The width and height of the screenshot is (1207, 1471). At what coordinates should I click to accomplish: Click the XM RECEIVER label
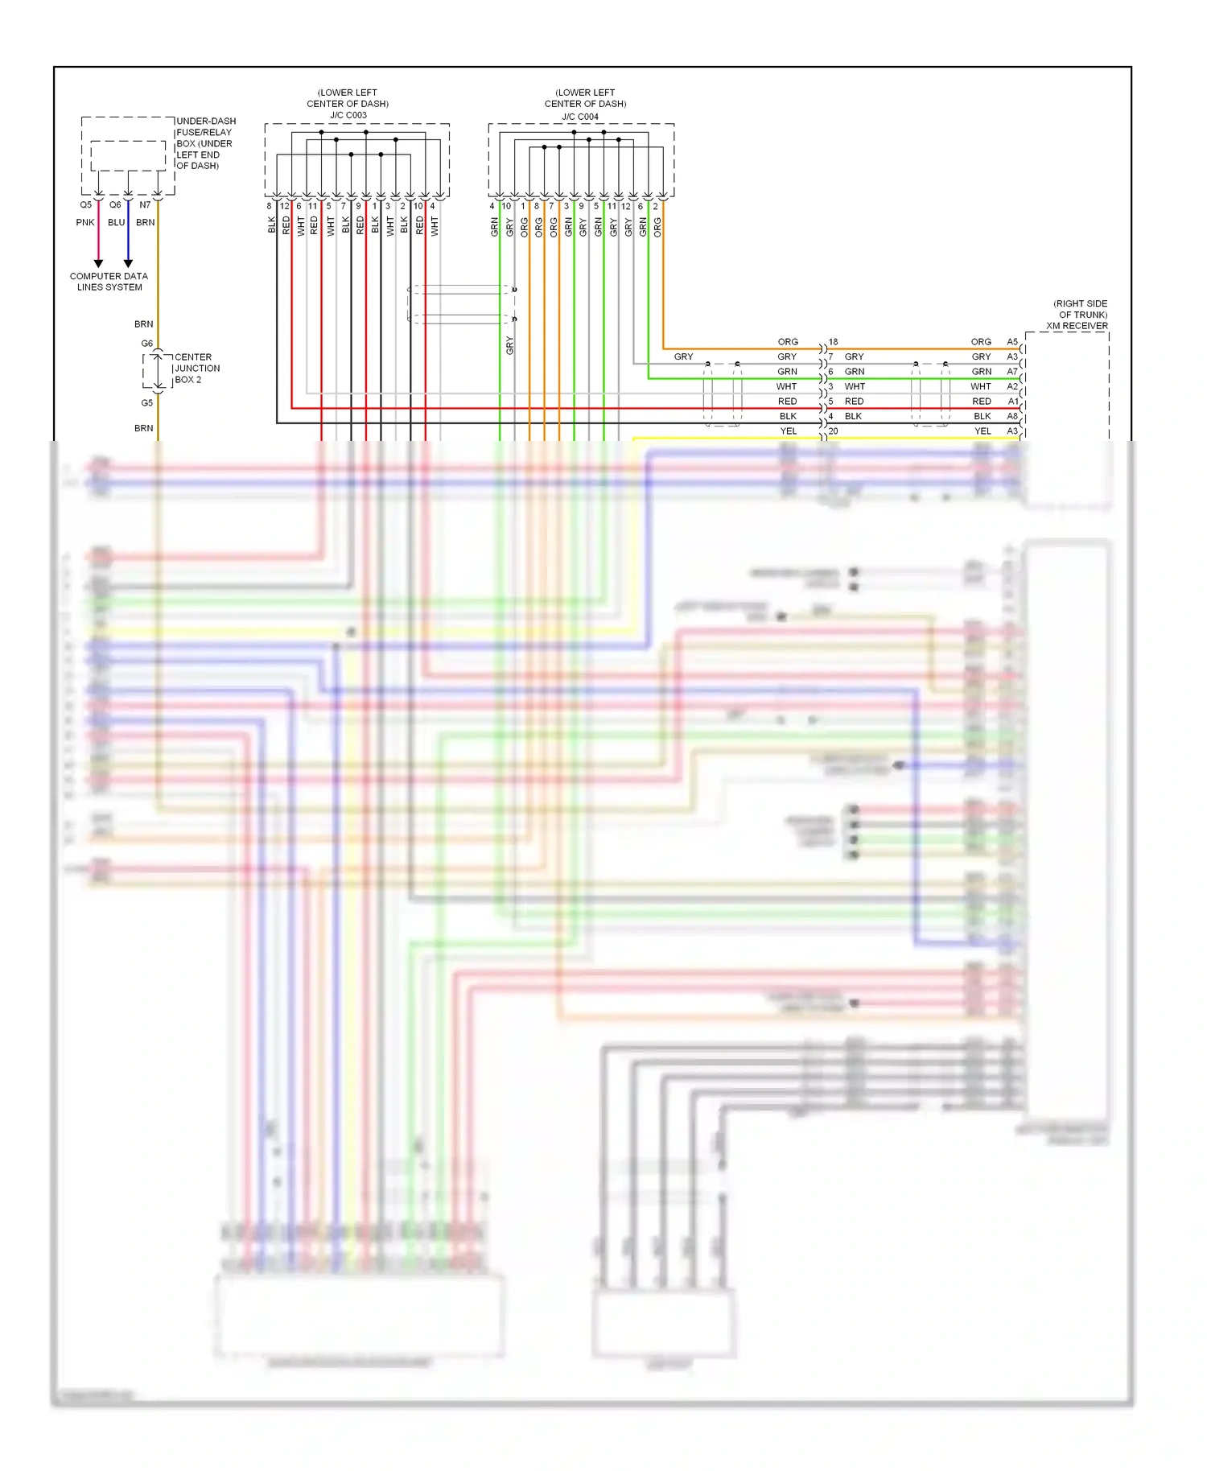[x=1077, y=326]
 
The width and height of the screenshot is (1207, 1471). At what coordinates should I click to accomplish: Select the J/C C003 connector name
[x=348, y=115]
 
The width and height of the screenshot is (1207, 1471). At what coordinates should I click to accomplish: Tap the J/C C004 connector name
[x=580, y=117]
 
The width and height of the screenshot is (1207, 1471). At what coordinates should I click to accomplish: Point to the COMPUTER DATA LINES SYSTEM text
[x=109, y=282]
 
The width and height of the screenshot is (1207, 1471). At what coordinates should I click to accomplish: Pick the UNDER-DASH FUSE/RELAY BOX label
[x=205, y=143]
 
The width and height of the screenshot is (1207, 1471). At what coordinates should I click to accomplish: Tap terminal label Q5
[x=85, y=205]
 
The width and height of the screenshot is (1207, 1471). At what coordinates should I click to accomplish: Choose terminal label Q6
[x=115, y=205]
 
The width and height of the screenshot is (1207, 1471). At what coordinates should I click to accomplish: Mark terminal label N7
[x=145, y=205]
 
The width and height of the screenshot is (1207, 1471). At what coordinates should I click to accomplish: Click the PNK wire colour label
[x=85, y=223]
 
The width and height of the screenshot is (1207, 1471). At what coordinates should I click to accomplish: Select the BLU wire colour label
[x=117, y=223]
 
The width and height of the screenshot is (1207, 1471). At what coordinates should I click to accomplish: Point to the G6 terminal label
[x=147, y=344]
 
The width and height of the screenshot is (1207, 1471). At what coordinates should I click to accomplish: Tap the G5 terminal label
[x=147, y=403]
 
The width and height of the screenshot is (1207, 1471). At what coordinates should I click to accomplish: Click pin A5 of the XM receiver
[x=1012, y=342]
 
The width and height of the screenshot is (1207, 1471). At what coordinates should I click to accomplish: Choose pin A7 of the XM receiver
[x=1012, y=372]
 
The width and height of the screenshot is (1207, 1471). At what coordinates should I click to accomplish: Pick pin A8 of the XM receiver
[x=1012, y=417]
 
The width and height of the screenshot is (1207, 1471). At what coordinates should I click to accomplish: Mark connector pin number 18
[x=834, y=342]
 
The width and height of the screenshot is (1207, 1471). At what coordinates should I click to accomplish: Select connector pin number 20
[x=834, y=431]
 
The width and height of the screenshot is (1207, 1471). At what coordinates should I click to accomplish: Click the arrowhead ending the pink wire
[x=98, y=263]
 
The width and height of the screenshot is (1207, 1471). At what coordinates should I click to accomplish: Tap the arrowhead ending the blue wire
[x=128, y=263]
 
